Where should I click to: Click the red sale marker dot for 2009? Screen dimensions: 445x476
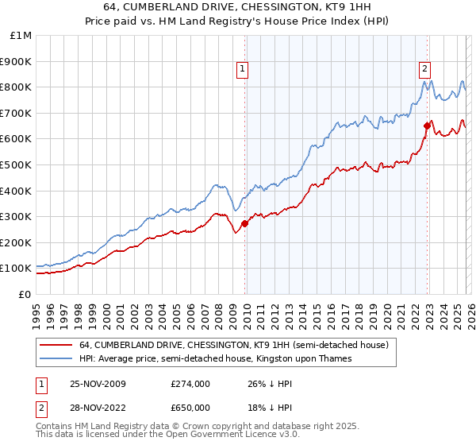coord(244,223)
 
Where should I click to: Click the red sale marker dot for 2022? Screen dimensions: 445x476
coord(427,126)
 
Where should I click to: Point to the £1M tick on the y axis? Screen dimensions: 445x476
coord(21,35)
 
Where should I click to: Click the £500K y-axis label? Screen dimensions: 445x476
coord(17,164)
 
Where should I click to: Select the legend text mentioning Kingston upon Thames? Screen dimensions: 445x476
coord(215,359)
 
